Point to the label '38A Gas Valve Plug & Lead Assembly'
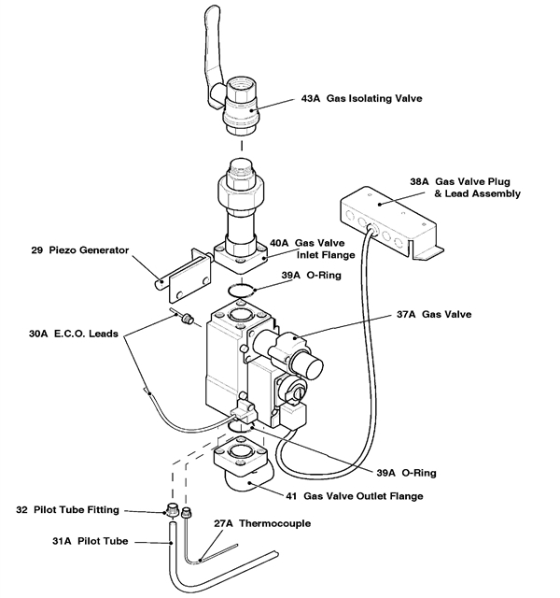coord(465,188)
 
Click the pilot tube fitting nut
coord(171,512)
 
